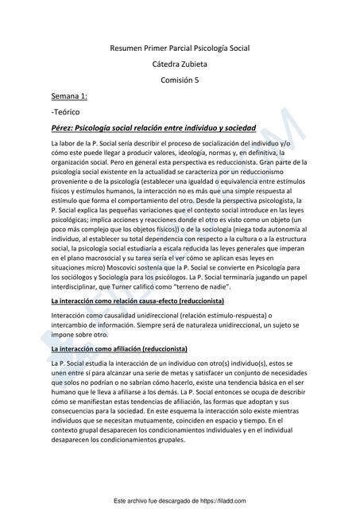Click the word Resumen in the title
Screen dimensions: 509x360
pos(125,49)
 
